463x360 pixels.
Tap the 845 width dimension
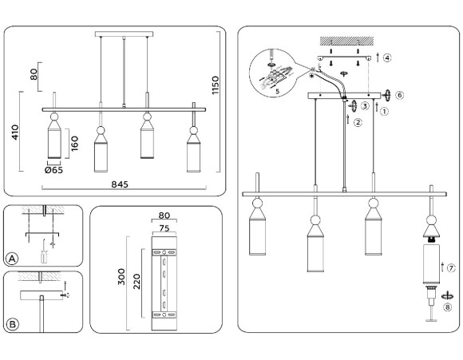(120, 184)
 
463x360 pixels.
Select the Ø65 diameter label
(54, 170)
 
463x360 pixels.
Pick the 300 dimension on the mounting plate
(120, 276)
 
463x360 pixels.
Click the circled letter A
(12, 259)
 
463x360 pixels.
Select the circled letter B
(12, 323)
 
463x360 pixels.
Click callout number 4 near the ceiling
(386, 57)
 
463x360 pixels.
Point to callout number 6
(399, 95)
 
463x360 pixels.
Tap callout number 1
(384, 111)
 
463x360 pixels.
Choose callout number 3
(365, 106)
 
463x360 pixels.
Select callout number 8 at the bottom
(448, 305)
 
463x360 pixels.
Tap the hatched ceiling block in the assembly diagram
(342, 40)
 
